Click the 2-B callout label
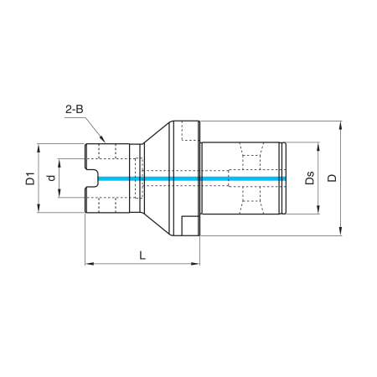tap(75, 109)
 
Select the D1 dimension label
tap(30, 178)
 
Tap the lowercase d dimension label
tap(51, 178)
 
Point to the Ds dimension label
tap(309, 178)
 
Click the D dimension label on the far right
tap(332, 178)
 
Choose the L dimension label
tap(142, 256)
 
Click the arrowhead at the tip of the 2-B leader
tap(102, 139)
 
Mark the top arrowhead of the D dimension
tap(340, 126)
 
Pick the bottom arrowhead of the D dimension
tap(340, 231)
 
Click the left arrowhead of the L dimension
tap(90, 263)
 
